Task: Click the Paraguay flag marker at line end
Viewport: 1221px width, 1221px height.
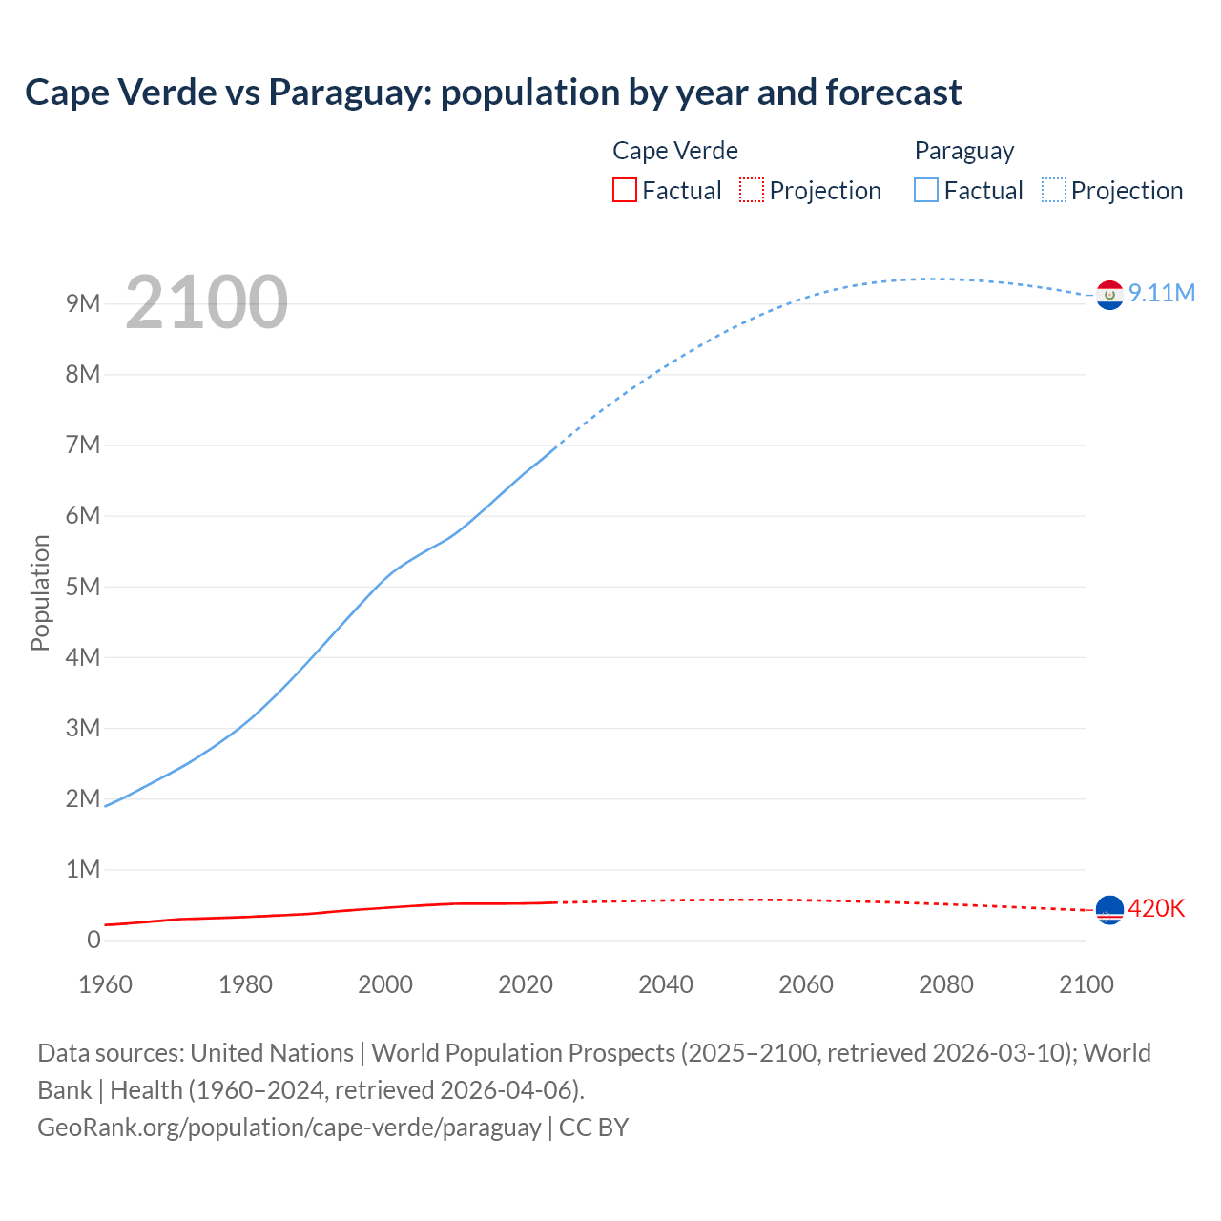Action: [x=1109, y=295]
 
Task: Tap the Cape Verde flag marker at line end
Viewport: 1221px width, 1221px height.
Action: [x=1109, y=910]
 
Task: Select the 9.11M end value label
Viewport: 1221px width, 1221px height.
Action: [x=1162, y=293]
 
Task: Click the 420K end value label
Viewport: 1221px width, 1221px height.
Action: [x=1156, y=908]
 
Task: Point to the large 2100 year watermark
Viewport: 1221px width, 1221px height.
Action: [x=206, y=301]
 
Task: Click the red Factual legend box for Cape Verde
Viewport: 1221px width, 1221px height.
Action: [x=624, y=190]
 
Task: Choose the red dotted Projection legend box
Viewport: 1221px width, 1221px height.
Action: [x=752, y=190]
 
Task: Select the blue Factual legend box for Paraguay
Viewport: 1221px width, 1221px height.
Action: [x=925, y=190]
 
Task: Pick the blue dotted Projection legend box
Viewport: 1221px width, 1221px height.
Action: [x=1053, y=190]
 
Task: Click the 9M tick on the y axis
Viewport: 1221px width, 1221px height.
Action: [x=83, y=303]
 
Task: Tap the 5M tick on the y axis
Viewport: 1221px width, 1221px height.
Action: [x=83, y=587]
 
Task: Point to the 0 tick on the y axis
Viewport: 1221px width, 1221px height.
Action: [x=93, y=940]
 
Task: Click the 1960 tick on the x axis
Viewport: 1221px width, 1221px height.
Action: [x=105, y=984]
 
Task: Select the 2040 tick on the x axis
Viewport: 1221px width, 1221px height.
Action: [x=666, y=984]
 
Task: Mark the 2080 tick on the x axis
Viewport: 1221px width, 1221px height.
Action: [x=946, y=984]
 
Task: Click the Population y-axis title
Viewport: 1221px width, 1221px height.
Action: [x=40, y=592]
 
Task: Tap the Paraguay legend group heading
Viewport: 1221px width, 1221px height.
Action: [x=963, y=151]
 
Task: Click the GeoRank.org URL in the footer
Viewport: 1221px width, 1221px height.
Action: [x=289, y=1127]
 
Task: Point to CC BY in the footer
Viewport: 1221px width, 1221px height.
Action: [x=594, y=1127]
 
